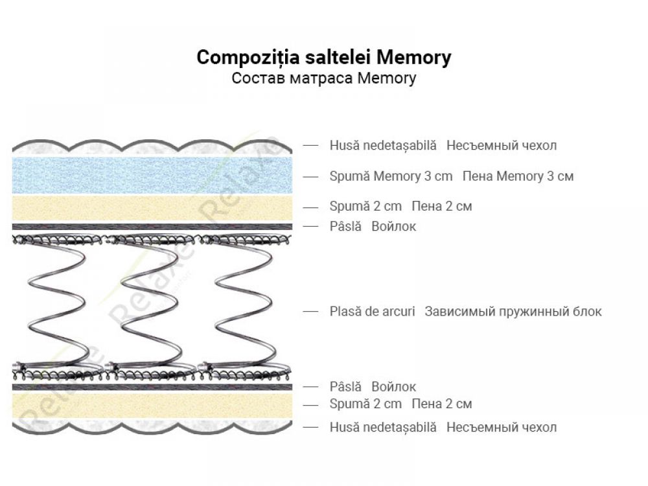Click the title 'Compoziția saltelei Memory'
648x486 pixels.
point(323,57)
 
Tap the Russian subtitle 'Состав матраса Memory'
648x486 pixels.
point(323,78)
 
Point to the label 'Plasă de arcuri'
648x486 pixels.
point(372,311)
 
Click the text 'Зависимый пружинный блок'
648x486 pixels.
point(513,311)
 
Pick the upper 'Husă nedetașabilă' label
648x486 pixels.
point(383,145)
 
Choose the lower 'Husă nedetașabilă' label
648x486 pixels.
point(383,427)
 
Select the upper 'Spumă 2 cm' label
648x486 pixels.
point(365,207)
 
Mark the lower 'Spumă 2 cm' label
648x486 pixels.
point(365,404)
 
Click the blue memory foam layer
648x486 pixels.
point(152,175)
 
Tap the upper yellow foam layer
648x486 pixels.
point(152,207)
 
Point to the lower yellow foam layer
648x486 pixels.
point(152,405)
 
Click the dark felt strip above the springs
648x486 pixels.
point(152,227)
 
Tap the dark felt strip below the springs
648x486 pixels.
point(152,387)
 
